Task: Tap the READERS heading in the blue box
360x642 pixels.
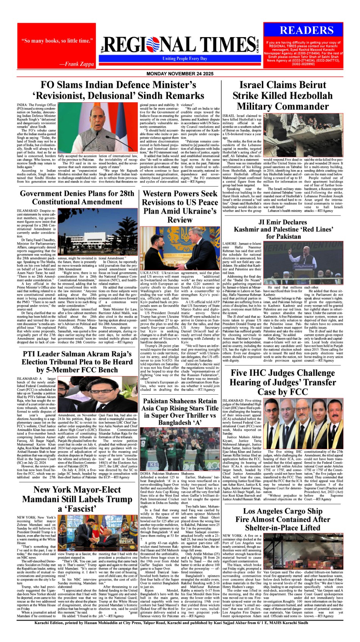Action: pos(307,30)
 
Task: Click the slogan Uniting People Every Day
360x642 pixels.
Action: pos(185,59)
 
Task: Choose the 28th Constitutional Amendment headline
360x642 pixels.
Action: pos(77,197)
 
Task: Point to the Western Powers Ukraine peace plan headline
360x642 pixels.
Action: pos(180,207)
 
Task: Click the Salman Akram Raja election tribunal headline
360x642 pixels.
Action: pos(77,362)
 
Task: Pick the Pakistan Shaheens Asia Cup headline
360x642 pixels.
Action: pos(180,411)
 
